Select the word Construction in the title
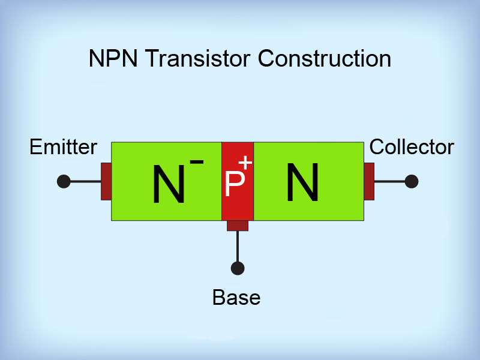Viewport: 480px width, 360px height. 323,59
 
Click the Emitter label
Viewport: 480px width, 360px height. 63,147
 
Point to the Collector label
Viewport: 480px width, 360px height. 412,147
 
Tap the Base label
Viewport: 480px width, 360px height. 236,297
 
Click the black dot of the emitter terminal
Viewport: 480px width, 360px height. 64,181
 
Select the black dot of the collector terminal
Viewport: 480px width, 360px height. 412,181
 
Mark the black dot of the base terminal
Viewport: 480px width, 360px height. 238,268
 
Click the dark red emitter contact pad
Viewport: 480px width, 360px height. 106,181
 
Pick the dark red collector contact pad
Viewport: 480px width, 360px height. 369,181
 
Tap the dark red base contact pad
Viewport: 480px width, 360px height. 238,226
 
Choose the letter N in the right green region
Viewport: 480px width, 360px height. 302,182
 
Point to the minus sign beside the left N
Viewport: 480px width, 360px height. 196,162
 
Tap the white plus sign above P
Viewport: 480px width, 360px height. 245,163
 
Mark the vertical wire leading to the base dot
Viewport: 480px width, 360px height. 238,246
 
